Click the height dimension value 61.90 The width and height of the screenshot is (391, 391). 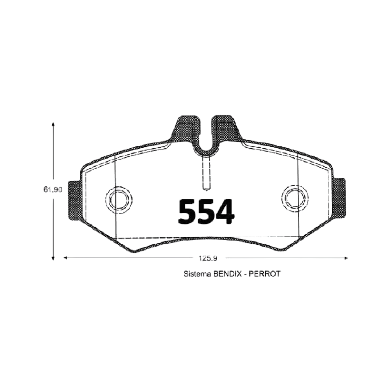point(53,189)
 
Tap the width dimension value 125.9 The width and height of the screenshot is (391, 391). point(208,258)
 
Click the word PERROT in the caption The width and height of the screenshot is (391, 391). point(265,274)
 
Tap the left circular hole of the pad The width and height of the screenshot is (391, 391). point(119,200)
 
